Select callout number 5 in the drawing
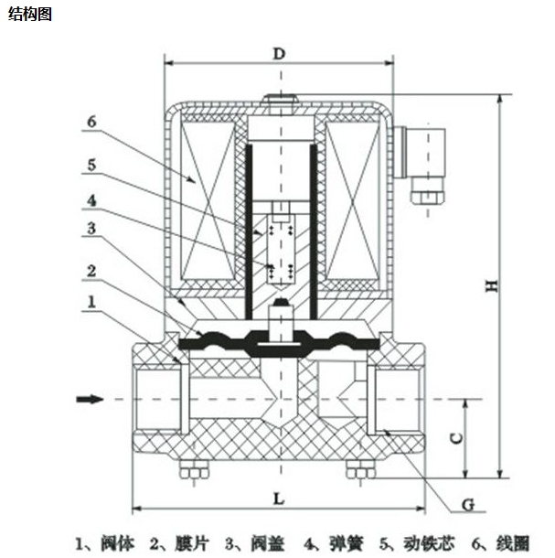[92, 166]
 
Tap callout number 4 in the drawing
[92, 199]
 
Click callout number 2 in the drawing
[92, 271]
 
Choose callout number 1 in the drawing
[92, 301]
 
